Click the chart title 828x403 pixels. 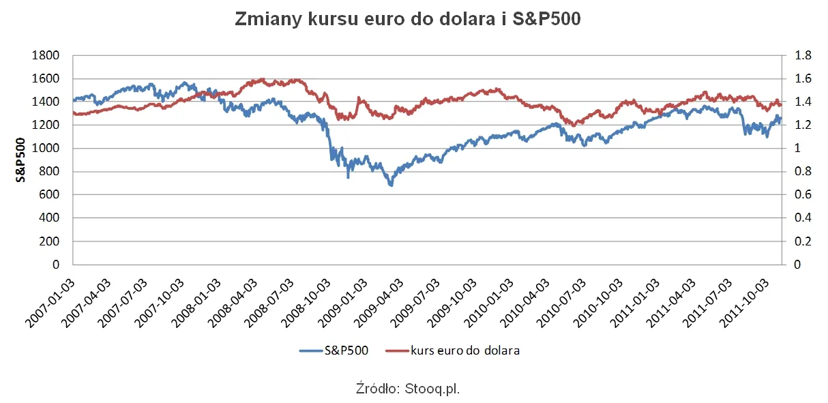[x=407, y=19]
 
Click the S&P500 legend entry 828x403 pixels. [x=334, y=350]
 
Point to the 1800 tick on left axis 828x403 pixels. [x=47, y=55]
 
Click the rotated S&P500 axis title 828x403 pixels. [x=21, y=160]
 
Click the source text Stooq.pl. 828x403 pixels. [x=433, y=389]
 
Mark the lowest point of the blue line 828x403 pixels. [x=391, y=185]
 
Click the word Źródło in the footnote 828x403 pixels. [x=376, y=389]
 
